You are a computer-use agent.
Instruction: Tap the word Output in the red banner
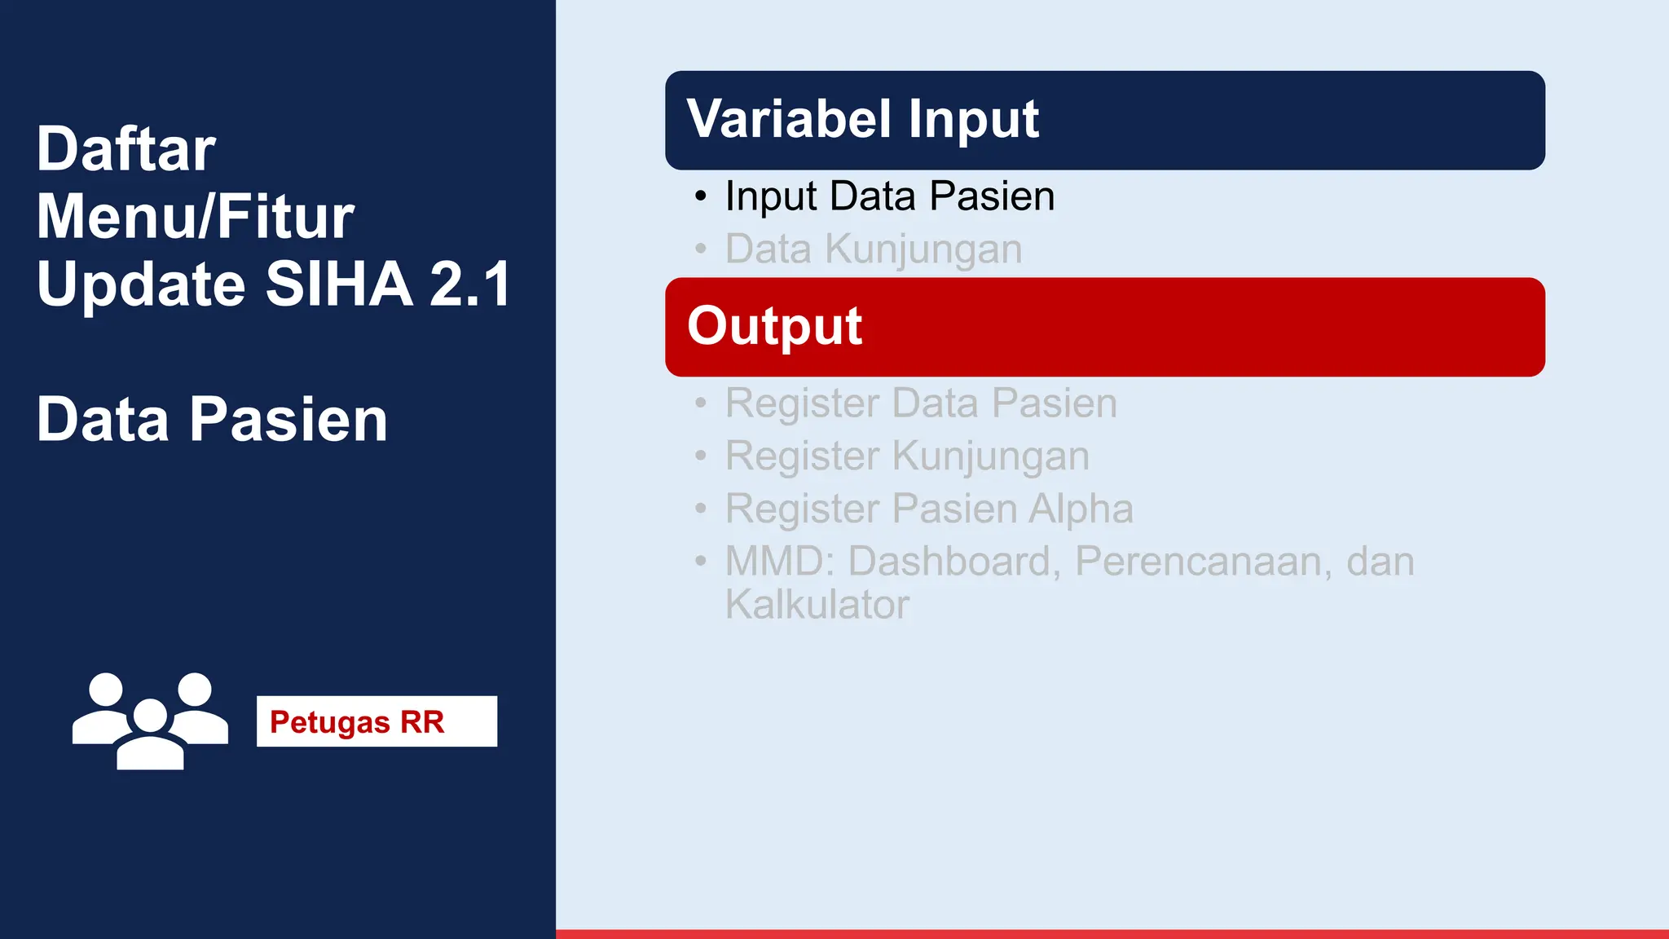click(774, 326)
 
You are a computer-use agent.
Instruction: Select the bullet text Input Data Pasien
click(889, 196)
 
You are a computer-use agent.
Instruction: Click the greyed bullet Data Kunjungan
click(873, 249)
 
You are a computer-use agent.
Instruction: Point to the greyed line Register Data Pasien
click(921, 403)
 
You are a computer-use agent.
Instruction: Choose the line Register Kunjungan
click(907, 456)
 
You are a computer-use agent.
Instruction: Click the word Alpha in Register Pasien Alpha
click(1081, 509)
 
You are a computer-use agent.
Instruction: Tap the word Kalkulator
click(817, 605)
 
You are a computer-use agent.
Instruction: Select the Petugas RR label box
click(377, 721)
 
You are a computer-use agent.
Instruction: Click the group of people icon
click(150, 721)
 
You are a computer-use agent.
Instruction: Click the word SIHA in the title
click(339, 284)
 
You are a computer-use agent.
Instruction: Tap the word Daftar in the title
click(126, 149)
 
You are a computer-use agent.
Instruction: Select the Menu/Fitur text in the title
click(195, 217)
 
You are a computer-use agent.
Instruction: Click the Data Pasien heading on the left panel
click(212, 420)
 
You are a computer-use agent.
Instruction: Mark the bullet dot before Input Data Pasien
click(701, 196)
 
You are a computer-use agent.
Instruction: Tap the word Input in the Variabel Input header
click(973, 119)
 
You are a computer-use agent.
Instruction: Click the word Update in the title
click(140, 284)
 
